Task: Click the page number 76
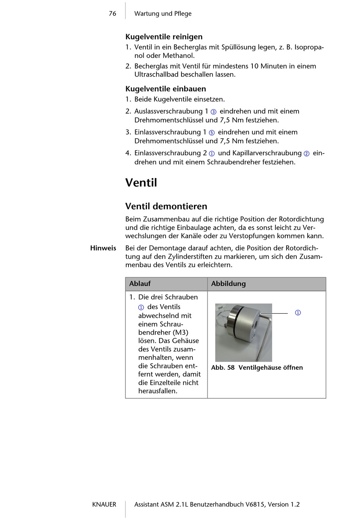point(113,14)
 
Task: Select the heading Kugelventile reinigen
point(164,37)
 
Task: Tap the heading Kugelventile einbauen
point(166,89)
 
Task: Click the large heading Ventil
point(141,183)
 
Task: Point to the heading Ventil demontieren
point(166,206)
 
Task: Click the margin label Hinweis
point(103,248)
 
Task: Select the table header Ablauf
point(140,284)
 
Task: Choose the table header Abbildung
point(228,284)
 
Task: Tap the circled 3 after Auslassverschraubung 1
point(213,112)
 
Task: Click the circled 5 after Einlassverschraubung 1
point(212,133)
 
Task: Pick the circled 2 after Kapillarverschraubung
point(307,153)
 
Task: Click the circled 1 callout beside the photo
point(298,313)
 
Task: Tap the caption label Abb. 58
point(223,367)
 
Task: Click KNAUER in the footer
point(104,505)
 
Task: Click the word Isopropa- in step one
point(309,47)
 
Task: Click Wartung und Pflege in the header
point(163,14)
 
